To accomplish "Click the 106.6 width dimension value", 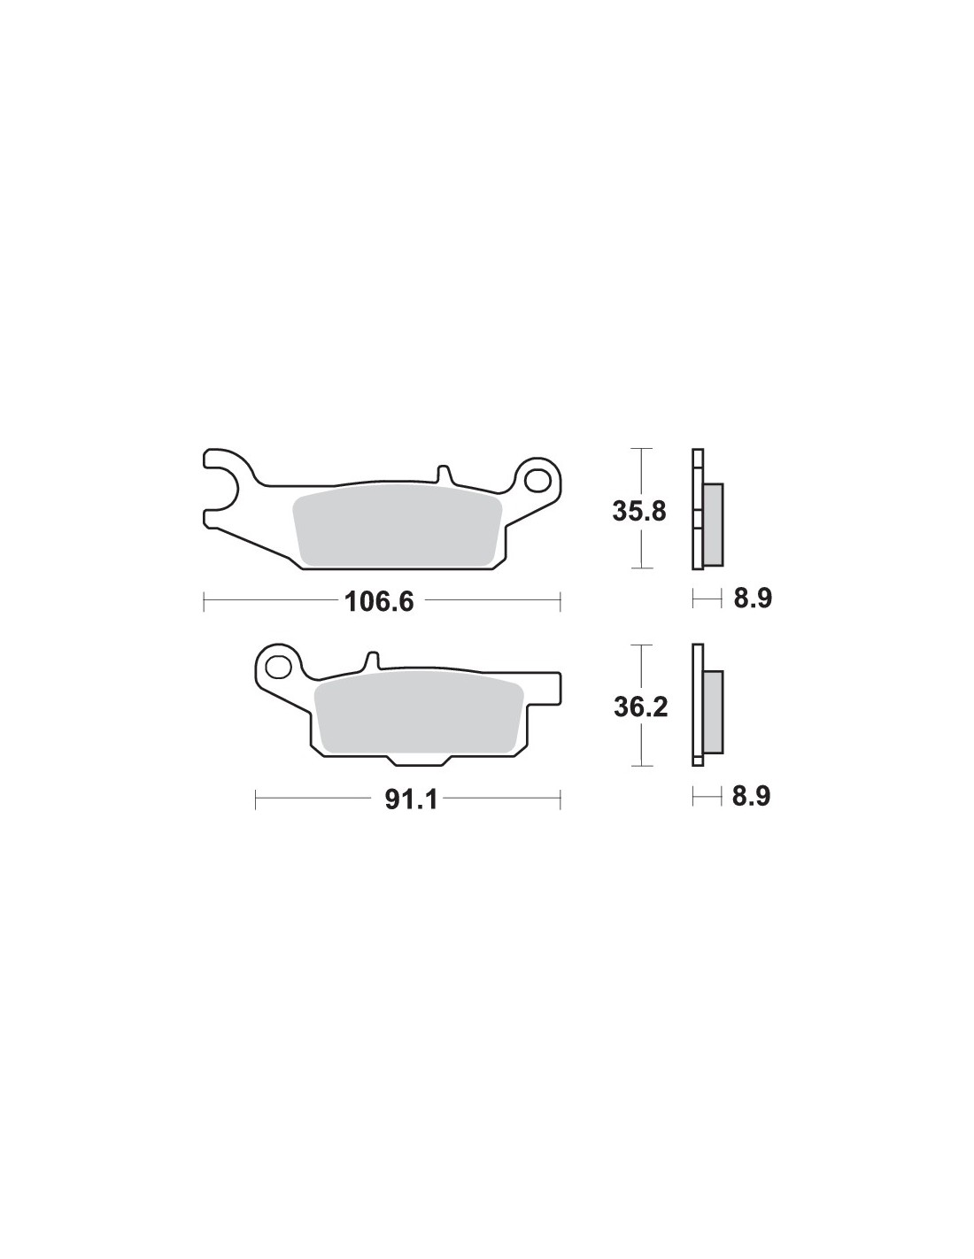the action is pyautogui.click(x=379, y=602).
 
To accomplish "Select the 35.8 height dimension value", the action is pyautogui.click(x=639, y=512).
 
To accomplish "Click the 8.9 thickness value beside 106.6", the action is pyautogui.click(x=753, y=599).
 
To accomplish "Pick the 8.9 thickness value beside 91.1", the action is pyautogui.click(x=751, y=797).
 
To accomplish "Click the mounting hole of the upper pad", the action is pyautogui.click(x=537, y=480).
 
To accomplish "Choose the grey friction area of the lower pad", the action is pyautogui.click(x=418, y=714).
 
